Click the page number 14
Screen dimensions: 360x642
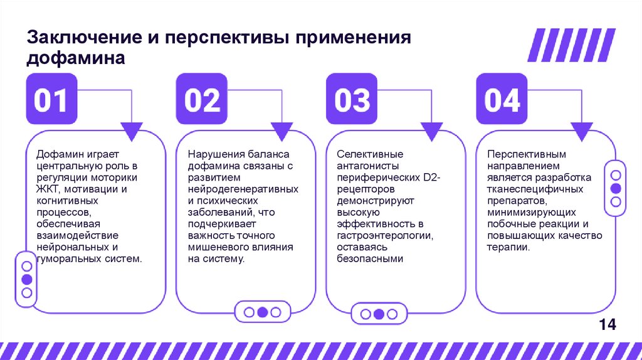(608, 324)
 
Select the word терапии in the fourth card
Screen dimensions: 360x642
(508, 246)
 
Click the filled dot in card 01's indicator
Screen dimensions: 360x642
(26, 280)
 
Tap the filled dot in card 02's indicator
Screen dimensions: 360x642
(263, 312)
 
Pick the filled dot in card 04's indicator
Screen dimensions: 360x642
(616, 188)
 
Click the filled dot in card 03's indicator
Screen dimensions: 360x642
(379, 314)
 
